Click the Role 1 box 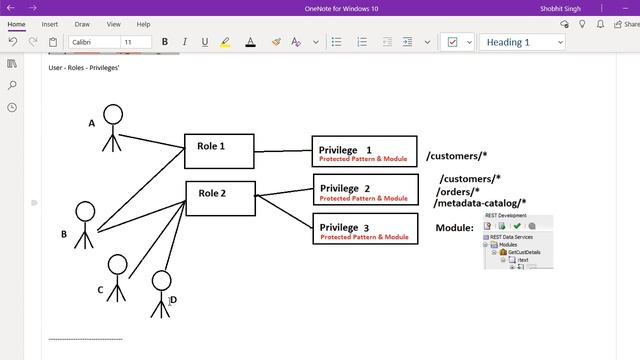[219, 150]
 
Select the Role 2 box [220, 198]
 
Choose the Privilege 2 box [364, 191]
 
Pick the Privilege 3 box [364, 231]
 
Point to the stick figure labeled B [85, 224]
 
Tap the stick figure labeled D [160, 292]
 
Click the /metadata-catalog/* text [480, 203]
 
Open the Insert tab [50, 24]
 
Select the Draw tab [82, 24]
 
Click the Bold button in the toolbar [164, 42]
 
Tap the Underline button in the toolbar [205, 42]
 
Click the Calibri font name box [92, 42]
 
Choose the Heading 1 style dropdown [523, 42]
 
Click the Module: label [454, 228]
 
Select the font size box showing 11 [135, 42]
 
